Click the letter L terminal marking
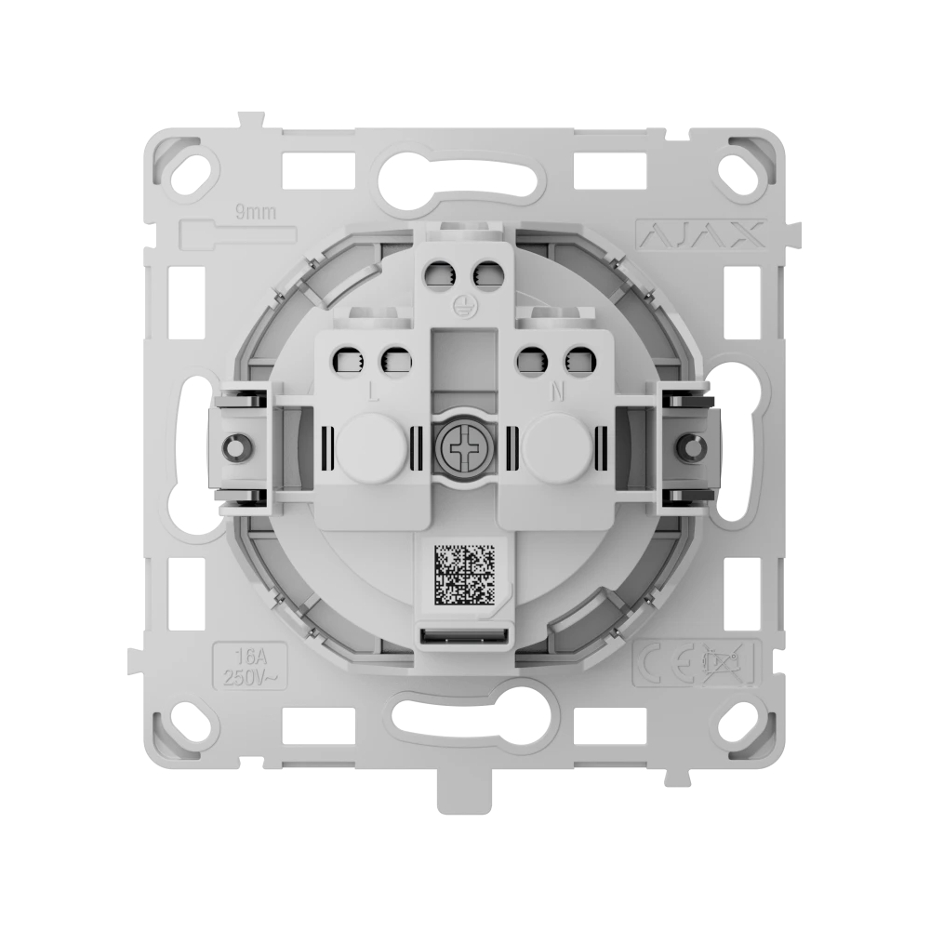tap(372, 392)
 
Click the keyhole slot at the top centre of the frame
tap(456, 173)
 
